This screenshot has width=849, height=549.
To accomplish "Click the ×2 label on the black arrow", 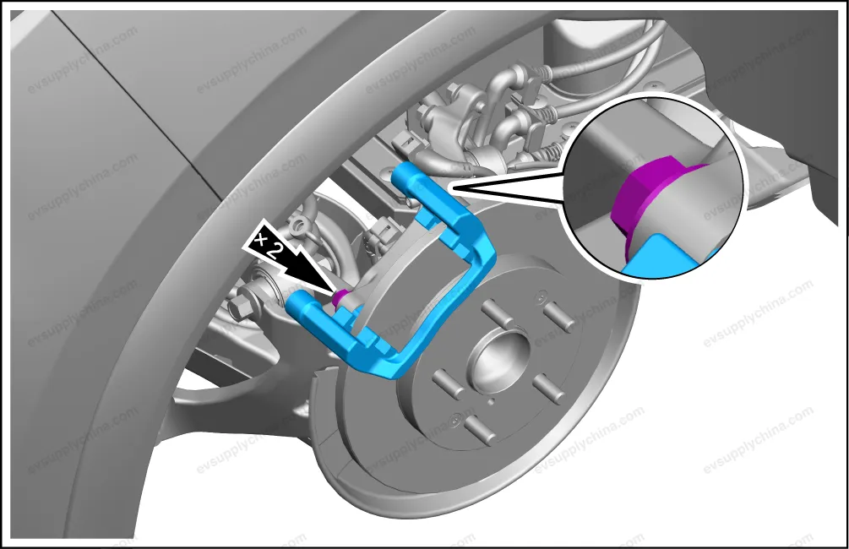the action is point(270,245).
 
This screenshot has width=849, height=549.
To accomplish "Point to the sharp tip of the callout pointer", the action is point(451,188).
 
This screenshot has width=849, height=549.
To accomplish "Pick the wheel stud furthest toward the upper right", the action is point(560,316).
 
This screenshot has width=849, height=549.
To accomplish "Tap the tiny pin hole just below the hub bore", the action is point(492,402).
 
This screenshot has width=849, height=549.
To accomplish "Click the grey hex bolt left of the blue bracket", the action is point(240,305).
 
